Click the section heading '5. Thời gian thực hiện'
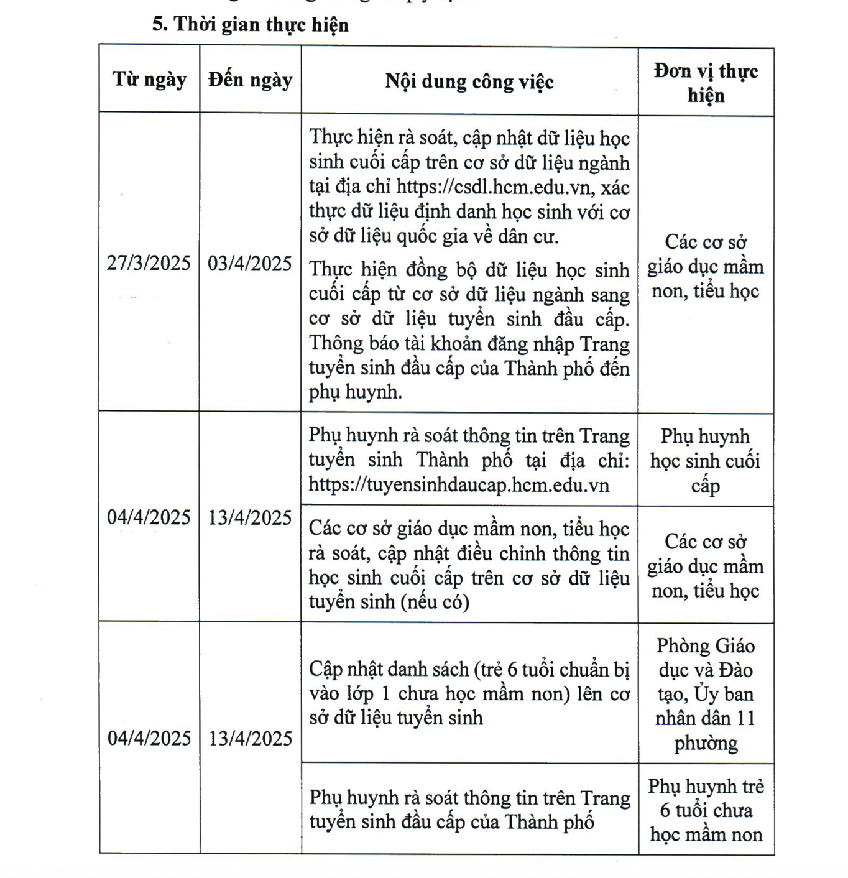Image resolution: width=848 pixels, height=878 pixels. (x=251, y=25)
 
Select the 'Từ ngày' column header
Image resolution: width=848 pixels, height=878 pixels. (x=149, y=80)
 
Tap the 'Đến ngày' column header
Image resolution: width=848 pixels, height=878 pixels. (x=250, y=80)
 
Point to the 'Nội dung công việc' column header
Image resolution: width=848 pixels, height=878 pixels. (x=469, y=81)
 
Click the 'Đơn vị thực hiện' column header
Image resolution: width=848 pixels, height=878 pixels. (x=706, y=83)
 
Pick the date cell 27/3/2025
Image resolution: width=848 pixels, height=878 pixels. (x=149, y=263)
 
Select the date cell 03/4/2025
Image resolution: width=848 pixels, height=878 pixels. (x=250, y=264)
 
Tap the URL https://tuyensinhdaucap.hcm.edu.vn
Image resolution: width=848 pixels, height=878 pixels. (x=459, y=485)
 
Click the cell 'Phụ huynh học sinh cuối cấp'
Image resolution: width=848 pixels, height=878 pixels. (x=706, y=461)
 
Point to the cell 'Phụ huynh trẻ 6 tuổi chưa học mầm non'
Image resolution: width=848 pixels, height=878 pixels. (x=706, y=810)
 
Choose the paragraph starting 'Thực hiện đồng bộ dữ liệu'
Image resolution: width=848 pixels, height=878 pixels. (x=469, y=331)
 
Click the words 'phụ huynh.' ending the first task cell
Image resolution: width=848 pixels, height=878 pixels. (x=356, y=392)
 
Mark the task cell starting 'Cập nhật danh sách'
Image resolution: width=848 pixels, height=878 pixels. (x=469, y=693)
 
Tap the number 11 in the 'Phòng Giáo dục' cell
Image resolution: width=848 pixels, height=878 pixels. (x=745, y=719)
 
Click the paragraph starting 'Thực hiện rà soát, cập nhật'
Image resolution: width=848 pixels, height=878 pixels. (x=469, y=187)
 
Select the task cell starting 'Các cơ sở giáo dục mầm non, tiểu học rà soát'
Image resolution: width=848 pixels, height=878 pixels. (x=469, y=565)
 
